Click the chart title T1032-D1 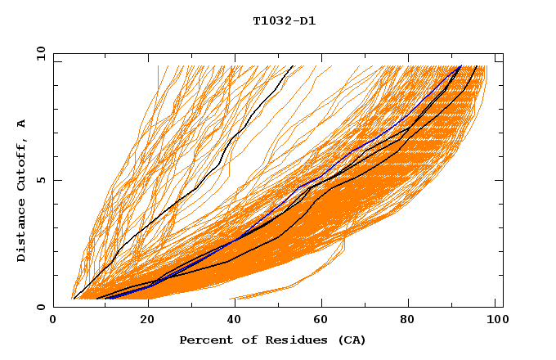coord(284,21)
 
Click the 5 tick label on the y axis coord(39,180)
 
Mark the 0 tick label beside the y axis coord(39,307)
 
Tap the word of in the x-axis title coord(244,340)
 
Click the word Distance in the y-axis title coord(22,230)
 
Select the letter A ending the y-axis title coord(22,123)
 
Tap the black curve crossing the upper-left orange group coord(196,188)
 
